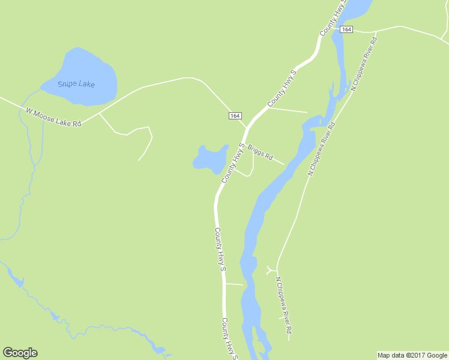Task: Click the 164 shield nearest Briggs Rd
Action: pos(235,115)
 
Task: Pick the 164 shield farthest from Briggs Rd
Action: pos(345,29)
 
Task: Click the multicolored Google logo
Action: pos(20,353)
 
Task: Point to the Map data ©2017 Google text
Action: pos(412,355)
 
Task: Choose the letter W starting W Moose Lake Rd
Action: pos(29,110)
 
